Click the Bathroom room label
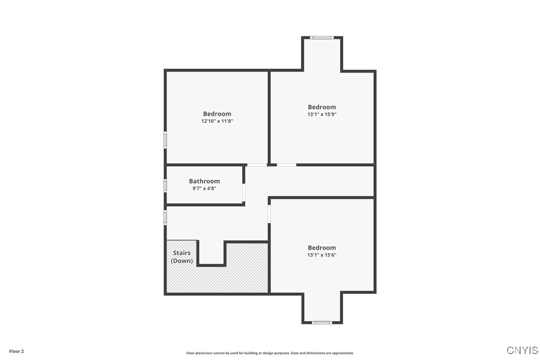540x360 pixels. click(x=204, y=181)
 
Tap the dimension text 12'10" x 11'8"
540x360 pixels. click(x=217, y=121)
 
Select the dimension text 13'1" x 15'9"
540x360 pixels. click(x=322, y=114)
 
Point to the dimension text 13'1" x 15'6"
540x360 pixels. click(x=322, y=255)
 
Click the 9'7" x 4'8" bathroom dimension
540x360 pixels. click(x=204, y=188)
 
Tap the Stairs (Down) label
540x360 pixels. click(x=182, y=257)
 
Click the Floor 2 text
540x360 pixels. click(x=16, y=351)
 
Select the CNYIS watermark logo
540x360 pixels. click(x=522, y=350)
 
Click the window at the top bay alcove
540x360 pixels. click(x=322, y=37)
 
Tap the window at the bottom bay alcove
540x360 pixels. click(x=322, y=323)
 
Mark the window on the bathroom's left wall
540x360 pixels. click(x=166, y=185)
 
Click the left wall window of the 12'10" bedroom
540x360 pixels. click(x=166, y=139)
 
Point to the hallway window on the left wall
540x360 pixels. click(x=166, y=217)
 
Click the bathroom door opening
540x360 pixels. click(x=244, y=192)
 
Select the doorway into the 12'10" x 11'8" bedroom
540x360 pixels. click(x=257, y=165)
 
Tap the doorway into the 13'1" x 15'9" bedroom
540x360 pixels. click(x=286, y=165)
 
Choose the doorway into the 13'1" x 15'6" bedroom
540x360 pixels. click(x=269, y=214)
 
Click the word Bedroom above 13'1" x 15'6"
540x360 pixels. click(x=322, y=248)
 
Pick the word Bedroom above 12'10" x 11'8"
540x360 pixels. click(x=217, y=114)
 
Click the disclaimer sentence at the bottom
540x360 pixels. click(x=270, y=353)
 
